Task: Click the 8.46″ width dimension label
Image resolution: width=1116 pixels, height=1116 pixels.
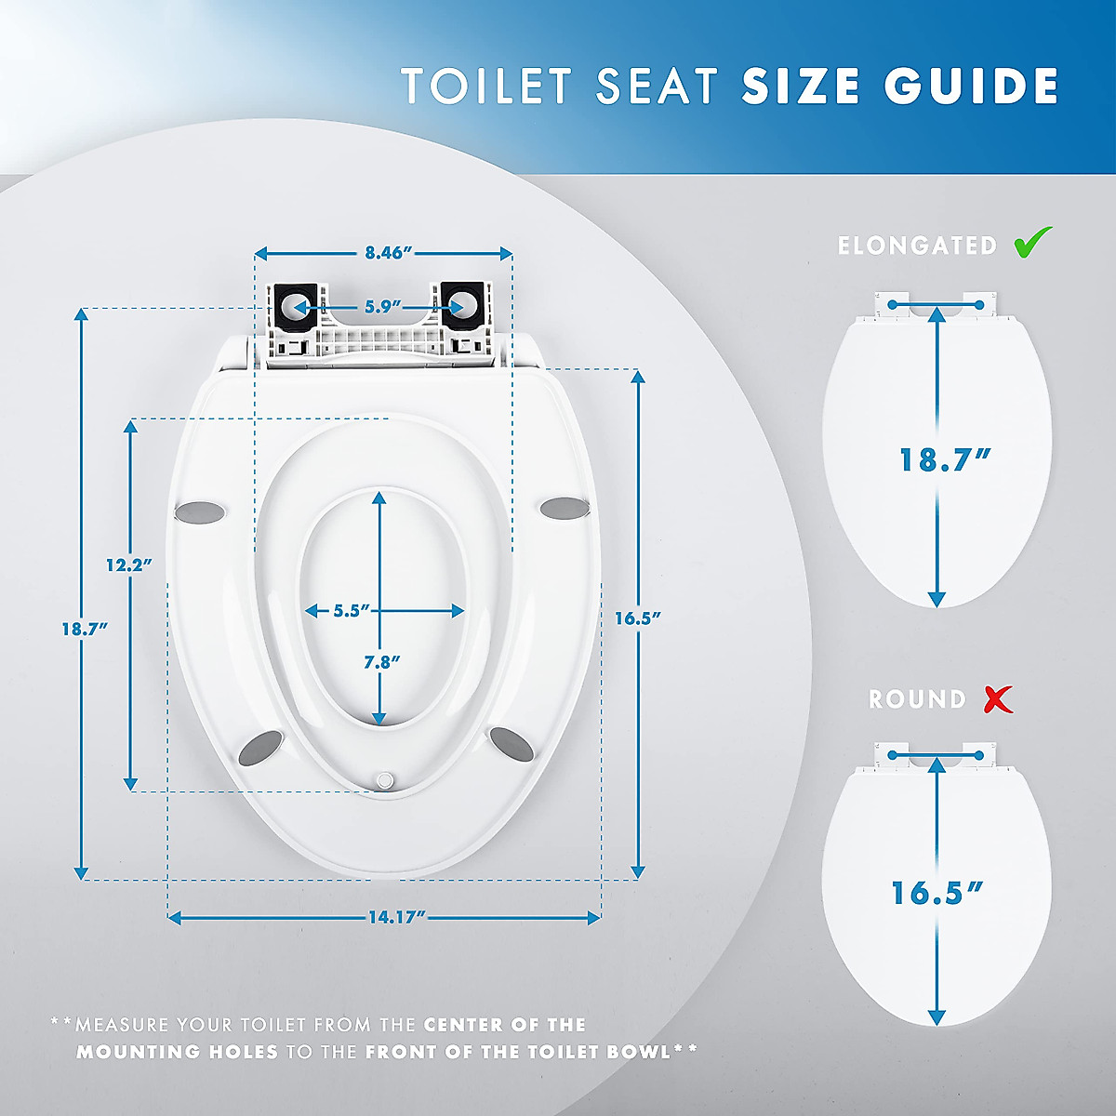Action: [x=388, y=253]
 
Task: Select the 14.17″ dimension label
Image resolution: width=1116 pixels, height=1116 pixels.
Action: [x=396, y=918]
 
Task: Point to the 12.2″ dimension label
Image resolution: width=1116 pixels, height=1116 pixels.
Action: [x=128, y=565]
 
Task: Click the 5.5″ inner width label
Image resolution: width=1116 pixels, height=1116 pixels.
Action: [x=352, y=611]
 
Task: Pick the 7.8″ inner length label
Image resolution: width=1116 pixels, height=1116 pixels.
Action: [x=381, y=662]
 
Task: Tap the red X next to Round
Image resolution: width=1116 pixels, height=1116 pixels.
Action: [x=998, y=698]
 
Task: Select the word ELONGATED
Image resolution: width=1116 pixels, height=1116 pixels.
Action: [x=917, y=246]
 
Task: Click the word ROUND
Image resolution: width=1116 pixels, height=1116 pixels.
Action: [x=917, y=699]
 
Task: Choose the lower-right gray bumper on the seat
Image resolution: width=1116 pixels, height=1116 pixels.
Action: [x=511, y=741]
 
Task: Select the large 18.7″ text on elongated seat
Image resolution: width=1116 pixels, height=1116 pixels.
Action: [x=945, y=460]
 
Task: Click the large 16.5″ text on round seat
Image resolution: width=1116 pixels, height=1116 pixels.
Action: [x=937, y=894]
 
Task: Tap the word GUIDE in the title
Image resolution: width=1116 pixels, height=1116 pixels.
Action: [x=971, y=86]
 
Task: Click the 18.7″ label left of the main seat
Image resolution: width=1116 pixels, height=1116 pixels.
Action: [x=85, y=629]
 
